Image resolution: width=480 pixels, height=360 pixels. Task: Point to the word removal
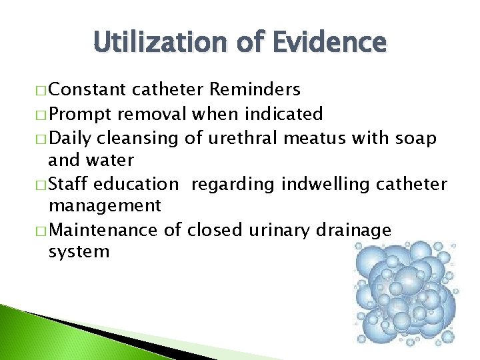(x=159, y=114)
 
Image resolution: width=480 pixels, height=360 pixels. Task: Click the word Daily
(x=71, y=138)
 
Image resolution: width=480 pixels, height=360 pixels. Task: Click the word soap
(x=416, y=138)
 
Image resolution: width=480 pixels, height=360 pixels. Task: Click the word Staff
(x=69, y=184)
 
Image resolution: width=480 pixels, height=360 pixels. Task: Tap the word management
(x=105, y=205)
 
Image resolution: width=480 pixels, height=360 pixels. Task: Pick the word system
(x=79, y=251)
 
